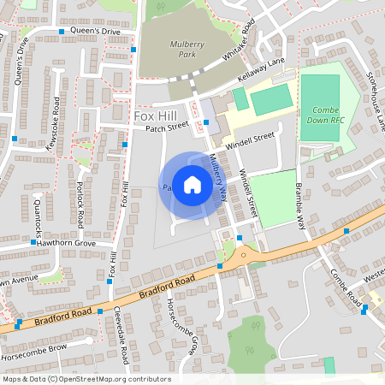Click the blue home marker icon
(x=192, y=185)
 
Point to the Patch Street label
(x=166, y=127)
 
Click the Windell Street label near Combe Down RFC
(x=250, y=140)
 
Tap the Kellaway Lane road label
(x=262, y=81)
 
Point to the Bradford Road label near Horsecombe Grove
(x=167, y=289)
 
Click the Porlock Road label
(x=79, y=204)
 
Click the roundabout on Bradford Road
(x=244, y=254)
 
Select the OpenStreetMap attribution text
(x=86, y=379)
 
